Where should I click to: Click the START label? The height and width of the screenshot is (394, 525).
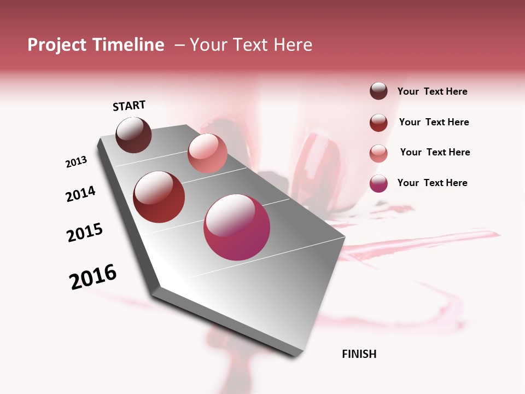click(129, 106)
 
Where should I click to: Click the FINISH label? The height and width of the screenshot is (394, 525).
click(359, 354)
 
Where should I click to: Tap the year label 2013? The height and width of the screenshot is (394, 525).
click(77, 162)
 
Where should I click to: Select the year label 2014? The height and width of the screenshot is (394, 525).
click(81, 194)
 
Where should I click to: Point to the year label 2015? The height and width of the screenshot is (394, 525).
click(85, 233)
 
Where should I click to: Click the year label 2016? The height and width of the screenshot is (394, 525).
click(93, 276)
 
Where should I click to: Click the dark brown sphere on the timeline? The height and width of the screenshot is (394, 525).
click(134, 135)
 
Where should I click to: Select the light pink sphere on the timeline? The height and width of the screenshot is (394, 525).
click(207, 153)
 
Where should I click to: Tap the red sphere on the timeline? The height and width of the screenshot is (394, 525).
click(159, 197)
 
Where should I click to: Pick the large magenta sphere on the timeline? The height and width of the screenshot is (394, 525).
click(237, 228)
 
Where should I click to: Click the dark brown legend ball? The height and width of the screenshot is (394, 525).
click(378, 91)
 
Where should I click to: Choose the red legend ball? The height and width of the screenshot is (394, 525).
click(378, 122)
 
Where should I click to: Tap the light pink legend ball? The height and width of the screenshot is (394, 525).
click(378, 153)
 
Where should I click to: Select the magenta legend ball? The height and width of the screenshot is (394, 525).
click(378, 183)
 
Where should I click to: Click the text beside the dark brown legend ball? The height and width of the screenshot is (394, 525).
click(432, 91)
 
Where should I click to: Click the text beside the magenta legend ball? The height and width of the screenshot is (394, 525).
click(432, 183)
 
